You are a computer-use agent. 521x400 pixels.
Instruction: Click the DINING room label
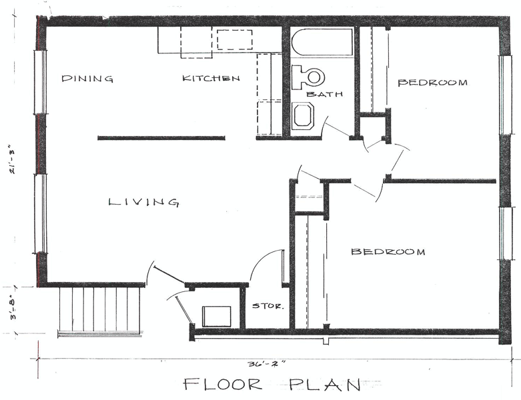(87, 79)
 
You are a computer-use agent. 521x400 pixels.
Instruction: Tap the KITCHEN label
(211, 79)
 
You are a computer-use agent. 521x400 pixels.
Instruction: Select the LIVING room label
(144, 202)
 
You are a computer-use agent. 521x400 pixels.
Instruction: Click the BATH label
(324, 94)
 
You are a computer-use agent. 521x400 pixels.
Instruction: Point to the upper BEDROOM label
(432, 82)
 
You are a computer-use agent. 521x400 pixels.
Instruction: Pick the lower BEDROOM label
(388, 251)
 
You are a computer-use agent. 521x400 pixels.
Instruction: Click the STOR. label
(268, 306)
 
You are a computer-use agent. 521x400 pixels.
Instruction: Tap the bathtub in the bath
(322, 42)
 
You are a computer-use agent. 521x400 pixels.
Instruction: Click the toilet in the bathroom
(308, 77)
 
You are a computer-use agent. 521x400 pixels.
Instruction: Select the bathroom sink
(303, 115)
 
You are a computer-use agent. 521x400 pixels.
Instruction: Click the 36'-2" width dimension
(266, 364)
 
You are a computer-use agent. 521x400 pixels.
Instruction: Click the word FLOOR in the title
(222, 385)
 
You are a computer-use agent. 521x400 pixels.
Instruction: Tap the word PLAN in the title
(325, 385)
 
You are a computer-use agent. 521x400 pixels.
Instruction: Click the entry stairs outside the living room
(99, 311)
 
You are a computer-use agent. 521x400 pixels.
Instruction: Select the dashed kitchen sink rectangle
(235, 39)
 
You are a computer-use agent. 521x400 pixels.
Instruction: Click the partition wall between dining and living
(161, 138)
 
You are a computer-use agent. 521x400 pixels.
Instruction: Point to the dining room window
(41, 82)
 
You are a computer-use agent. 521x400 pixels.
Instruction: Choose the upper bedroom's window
(505, 95)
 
